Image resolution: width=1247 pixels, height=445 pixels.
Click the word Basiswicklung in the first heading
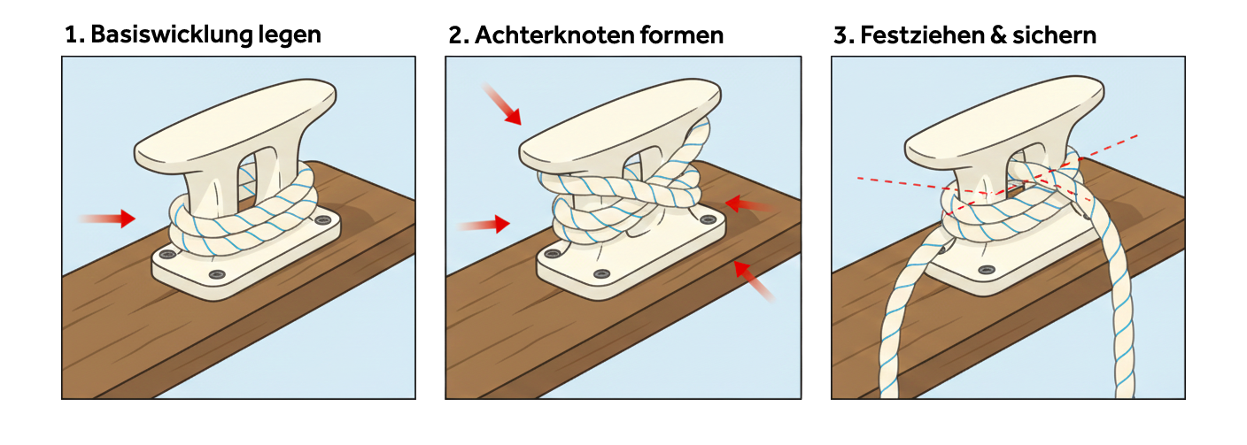pyautogui.click(x=172, y=35)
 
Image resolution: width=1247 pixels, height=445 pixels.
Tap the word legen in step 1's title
pyautogui.click(x=290, y=36)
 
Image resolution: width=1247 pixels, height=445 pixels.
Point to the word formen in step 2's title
pyautogui.click(x=682, y=35)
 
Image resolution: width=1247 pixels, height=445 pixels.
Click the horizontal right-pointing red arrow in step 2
pyautogui.click(x=484, y=224)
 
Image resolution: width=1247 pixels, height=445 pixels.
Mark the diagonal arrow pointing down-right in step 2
pyautogui.click(x=501, y=104)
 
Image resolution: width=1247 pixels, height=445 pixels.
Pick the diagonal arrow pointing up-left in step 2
pyautogui.click(x=754, y=281)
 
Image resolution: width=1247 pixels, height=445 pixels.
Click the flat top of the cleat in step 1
pyautogui.click(x=235, y=126)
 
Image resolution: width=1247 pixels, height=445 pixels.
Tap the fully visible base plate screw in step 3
pyautogui.click(x=987, y=270)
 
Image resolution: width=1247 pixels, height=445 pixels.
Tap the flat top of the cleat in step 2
pyautogui.click(x=620, y=126)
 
